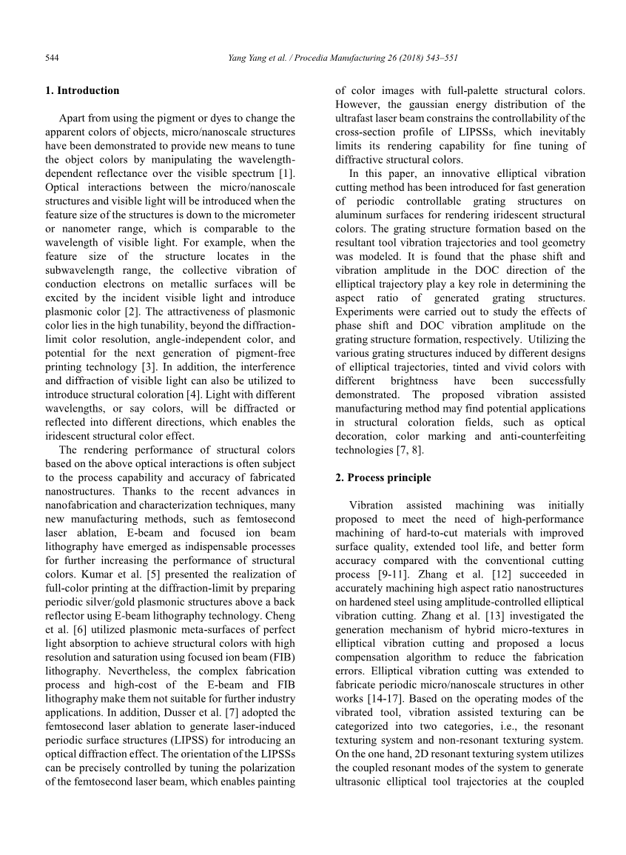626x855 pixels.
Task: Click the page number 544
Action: (x=52, y=57)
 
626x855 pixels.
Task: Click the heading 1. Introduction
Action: (x=81, y=90)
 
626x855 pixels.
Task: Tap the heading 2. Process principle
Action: (x=383, y=477)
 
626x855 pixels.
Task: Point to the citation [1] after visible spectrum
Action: (x=288, y=172)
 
